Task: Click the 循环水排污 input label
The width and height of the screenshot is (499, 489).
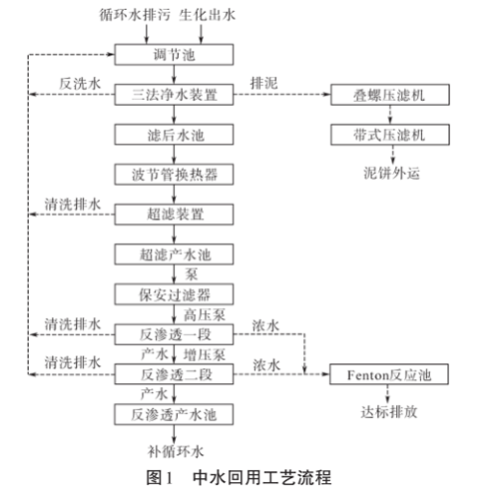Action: (134, 17)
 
